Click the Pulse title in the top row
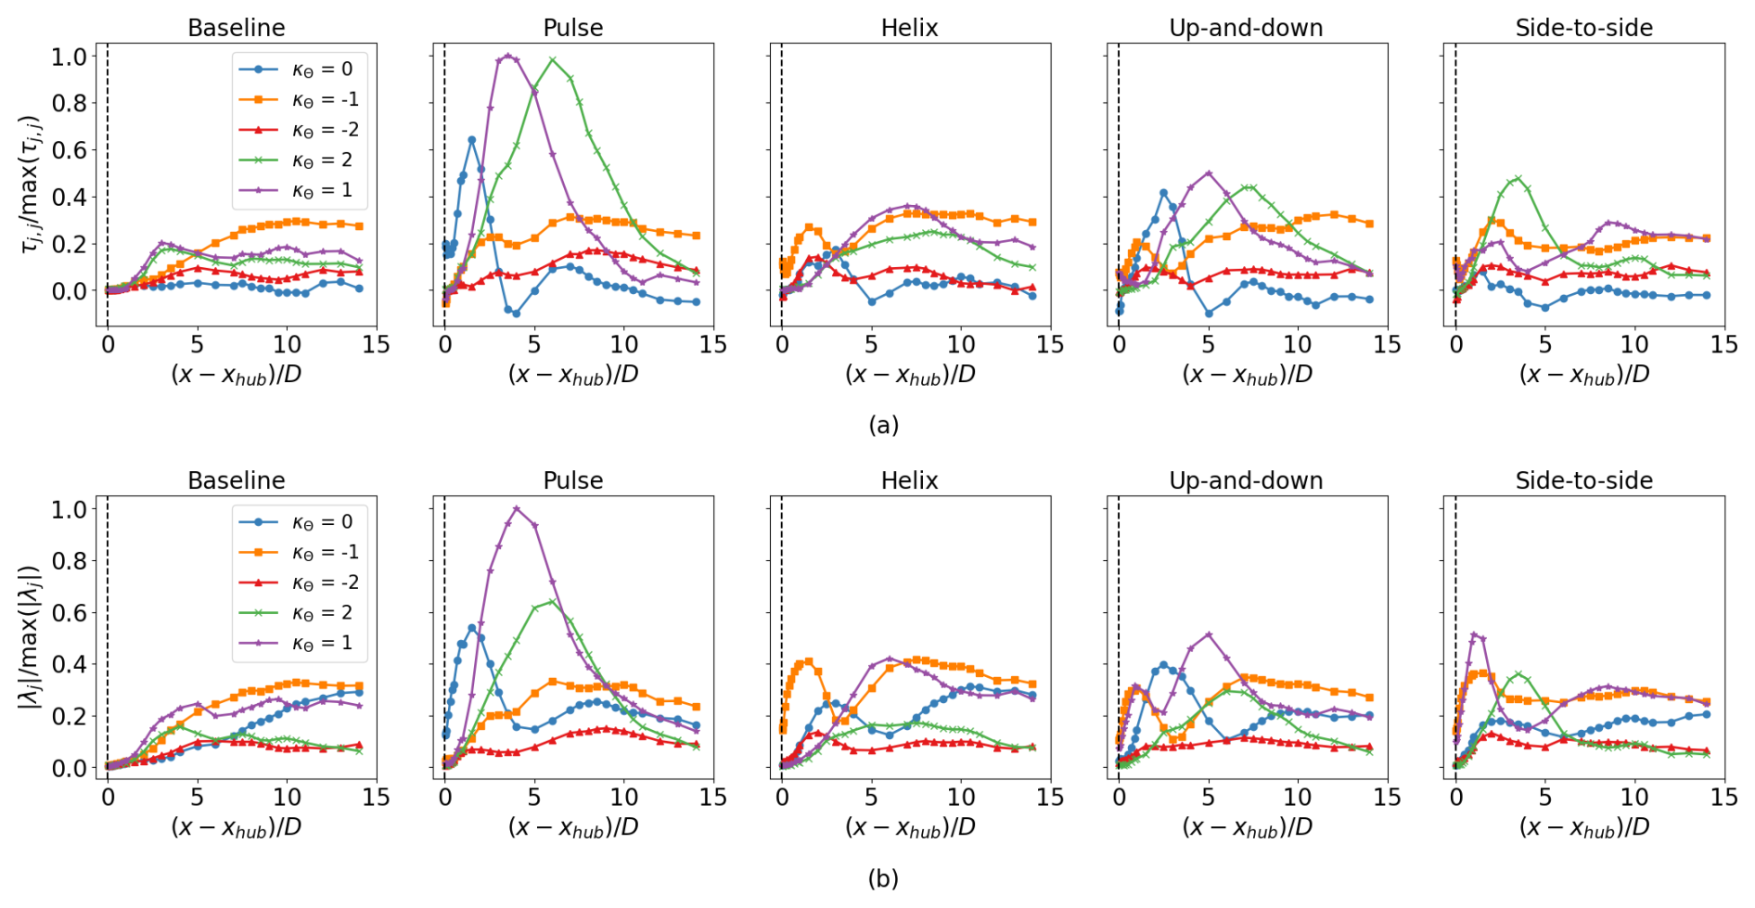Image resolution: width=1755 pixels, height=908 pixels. tap(572, 28)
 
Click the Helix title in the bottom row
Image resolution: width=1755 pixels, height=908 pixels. tap(909, 480)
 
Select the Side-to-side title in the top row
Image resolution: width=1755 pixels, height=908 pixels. tap(1583, 28)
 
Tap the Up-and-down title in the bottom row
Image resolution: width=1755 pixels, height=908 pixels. tap(1246, 480)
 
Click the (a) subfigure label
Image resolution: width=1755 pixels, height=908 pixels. tap(883, 425)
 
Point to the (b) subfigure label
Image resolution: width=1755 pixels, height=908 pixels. tap(883, 877)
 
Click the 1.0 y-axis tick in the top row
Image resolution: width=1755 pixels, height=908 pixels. tap(69, 57)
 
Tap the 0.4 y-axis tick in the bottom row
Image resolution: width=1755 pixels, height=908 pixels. tap(69, 664)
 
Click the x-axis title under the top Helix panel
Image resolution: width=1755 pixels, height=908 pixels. tap(909, 375)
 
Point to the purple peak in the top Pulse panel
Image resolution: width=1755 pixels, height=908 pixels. tap(507, 56)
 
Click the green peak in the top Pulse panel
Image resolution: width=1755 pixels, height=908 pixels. tap(553, 60)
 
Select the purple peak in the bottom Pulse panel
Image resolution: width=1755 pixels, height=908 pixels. tap(517, 508)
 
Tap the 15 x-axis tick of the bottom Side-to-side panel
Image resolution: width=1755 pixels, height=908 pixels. tap(1723, 798)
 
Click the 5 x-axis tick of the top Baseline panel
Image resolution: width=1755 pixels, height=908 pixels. tap(198, 345)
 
